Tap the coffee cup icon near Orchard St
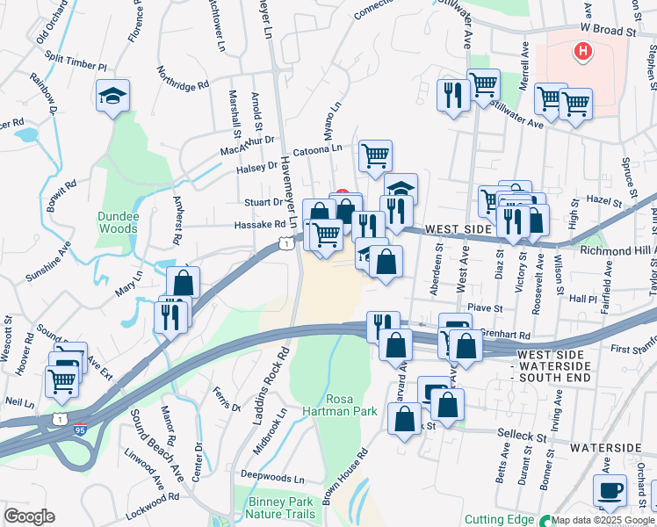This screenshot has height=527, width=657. click(x=610, y=490)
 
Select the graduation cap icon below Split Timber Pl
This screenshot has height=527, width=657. click(x=112, y=95)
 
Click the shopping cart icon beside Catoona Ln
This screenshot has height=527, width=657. click(x=375, y=156)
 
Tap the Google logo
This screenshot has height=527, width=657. click(x=29, y=516)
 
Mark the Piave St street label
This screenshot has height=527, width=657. click(x=485, y=308)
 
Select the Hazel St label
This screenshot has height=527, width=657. click(x=604, y=202)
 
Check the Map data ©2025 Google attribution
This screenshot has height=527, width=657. click(x=603, y=520)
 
